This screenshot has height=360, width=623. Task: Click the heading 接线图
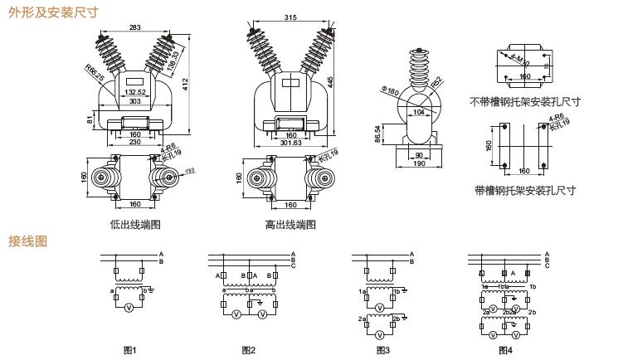[27, 241]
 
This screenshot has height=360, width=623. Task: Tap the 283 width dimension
[134, 27]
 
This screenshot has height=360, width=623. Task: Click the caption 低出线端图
[134, 224]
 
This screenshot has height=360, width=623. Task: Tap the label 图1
[129, 350]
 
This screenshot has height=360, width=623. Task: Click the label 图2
[248, 350]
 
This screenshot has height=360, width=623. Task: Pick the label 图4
[505, 350]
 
